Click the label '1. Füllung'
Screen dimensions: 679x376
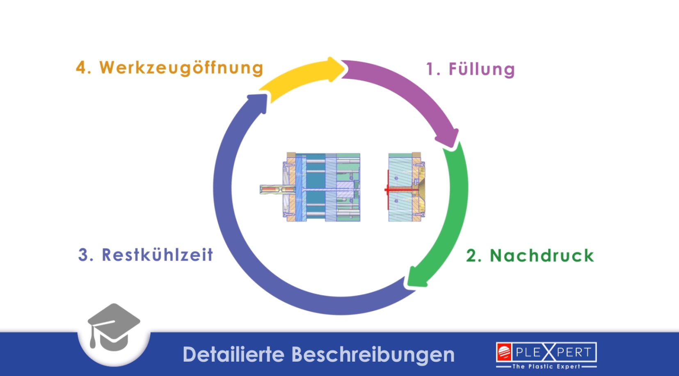coord(470,69)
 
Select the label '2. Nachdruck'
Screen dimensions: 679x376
coord(530,255)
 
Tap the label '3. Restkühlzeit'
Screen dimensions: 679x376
coord(146,255)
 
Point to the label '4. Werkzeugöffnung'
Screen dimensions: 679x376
coord(169,68)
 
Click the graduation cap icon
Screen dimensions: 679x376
coord(114,328)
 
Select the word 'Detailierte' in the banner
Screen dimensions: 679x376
coord(233,355)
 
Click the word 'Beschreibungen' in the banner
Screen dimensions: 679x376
coord(373,355)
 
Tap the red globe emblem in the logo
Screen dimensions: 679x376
coord(504,352)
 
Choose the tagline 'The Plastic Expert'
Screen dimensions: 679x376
coord(546,366)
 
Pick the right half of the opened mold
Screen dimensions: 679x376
coord(406,187)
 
